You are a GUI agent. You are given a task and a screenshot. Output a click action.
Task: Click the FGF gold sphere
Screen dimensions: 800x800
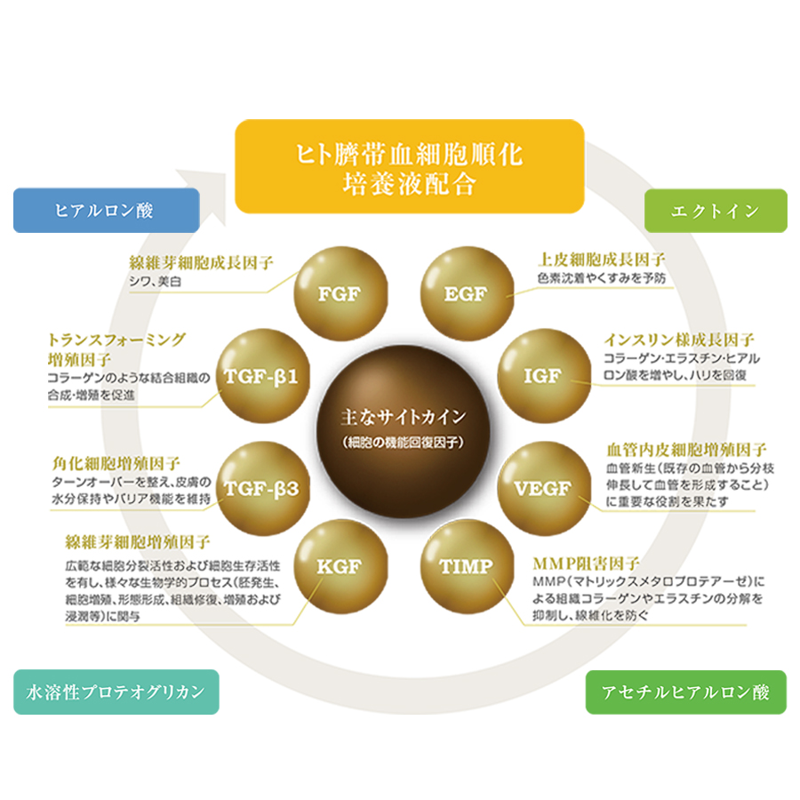340,293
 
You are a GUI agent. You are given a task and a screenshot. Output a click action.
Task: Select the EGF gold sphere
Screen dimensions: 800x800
467,293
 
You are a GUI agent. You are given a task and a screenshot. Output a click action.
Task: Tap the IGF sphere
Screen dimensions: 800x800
544,376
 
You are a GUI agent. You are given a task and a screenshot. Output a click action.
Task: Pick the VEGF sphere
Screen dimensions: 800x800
544,488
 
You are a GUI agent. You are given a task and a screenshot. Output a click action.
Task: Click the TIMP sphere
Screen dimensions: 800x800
467,566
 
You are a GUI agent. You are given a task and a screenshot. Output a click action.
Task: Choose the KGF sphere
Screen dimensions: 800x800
340,566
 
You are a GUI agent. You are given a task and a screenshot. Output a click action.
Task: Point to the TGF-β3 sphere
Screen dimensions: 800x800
263,488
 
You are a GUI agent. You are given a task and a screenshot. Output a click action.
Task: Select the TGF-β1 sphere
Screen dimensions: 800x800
263,376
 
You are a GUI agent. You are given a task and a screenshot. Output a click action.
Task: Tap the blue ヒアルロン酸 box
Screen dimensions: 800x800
106,210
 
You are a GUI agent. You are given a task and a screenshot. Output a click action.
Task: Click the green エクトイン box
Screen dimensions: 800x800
716,211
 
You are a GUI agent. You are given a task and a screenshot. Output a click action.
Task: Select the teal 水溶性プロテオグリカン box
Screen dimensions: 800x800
116,692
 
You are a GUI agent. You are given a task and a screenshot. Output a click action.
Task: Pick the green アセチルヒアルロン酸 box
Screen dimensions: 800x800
685,692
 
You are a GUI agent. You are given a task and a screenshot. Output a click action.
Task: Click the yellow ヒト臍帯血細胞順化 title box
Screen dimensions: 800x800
409,166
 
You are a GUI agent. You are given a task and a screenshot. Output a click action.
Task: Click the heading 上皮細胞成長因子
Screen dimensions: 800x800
602,260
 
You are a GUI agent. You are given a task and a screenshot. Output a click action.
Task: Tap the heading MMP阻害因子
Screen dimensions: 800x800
587,564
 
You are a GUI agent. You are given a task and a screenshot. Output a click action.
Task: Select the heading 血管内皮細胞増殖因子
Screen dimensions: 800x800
686,450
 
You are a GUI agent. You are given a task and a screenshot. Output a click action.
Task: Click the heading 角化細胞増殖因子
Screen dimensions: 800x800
116,463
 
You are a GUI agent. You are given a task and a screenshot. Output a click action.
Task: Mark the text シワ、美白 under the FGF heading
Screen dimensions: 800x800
155,282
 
